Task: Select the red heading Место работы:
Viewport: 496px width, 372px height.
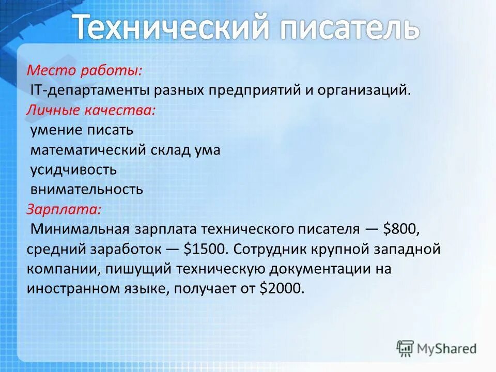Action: tap(85, 70)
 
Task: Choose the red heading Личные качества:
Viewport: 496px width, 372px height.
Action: tap(90, 110)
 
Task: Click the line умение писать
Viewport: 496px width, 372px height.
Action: tap(81, 130)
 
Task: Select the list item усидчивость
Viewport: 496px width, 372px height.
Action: tap(73, 169)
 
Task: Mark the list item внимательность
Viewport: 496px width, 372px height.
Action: tap(86, 189)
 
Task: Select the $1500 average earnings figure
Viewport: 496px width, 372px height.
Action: tap(205, 249)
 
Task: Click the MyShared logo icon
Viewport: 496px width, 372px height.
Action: tap(406, 348)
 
